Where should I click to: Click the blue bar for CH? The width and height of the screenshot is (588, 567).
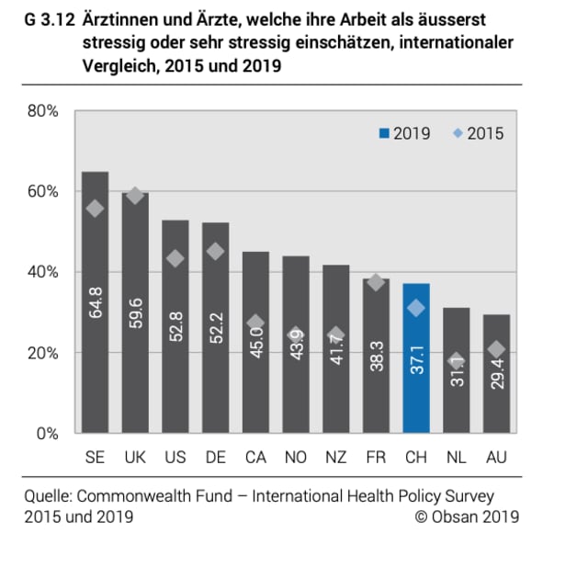415,358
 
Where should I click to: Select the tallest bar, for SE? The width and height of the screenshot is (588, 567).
95,303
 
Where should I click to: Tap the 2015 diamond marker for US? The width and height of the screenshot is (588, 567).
175,259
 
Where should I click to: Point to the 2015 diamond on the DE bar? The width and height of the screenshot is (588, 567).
215,251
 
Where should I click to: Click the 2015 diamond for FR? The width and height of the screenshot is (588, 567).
375,282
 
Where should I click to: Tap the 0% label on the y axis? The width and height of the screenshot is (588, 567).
47,434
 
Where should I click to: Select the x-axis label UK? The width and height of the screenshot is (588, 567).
135,457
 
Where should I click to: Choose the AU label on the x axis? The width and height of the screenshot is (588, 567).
496,457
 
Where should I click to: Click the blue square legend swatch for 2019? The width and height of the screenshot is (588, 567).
383,134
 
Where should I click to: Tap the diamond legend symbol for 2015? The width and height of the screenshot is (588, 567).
457,134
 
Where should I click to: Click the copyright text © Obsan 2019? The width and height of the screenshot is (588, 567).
466,516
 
